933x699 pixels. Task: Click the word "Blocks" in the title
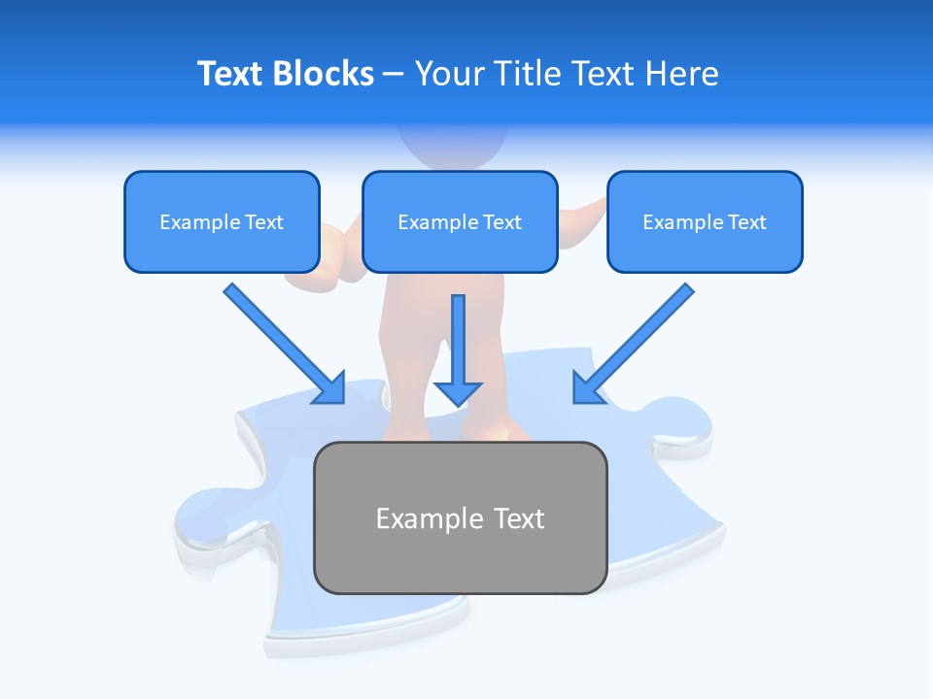tap(326, 74)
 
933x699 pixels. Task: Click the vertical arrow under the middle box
tap(458, 340)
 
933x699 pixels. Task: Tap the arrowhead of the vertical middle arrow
tap(458, 392)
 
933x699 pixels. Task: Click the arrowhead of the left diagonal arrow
tap(330, 388)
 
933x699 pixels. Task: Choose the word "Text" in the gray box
tap(519, 518)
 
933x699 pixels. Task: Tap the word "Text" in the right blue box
tap(746, 222)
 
